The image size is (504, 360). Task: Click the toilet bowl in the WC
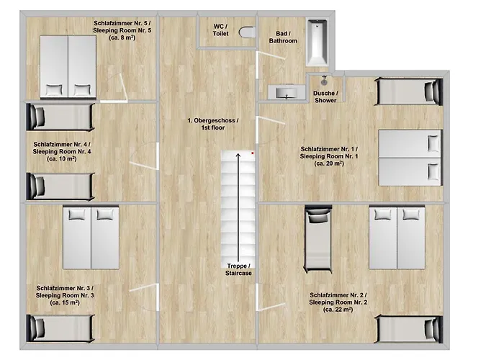[247, 32]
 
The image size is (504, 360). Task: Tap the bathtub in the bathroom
[317, 42]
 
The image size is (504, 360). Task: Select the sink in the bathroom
[287, 92]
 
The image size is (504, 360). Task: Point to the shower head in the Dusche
[324, 81]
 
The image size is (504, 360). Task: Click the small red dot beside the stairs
[253, 153]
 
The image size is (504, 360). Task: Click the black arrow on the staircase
[238, 207]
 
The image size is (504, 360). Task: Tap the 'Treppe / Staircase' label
[238, 270]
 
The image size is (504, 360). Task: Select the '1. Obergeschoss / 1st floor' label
[213, 124]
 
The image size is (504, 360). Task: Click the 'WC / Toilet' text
[220, 30]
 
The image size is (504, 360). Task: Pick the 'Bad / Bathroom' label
[283, 37]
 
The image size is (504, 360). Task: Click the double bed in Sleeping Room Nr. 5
[68, 66]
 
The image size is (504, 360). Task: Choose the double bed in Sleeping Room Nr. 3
[91, 238]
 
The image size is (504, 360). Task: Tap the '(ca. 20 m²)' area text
[329, 163]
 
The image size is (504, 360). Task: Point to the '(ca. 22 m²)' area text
[338, 310]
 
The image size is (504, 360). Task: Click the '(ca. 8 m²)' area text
[122, 37]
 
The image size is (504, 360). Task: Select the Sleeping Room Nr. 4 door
[158, 156]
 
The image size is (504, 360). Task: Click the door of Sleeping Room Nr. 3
[158, 297]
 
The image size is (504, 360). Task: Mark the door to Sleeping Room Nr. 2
[257, 297]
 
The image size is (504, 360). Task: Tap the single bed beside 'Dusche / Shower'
[408, 91]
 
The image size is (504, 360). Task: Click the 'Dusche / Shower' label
[325, 96]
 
